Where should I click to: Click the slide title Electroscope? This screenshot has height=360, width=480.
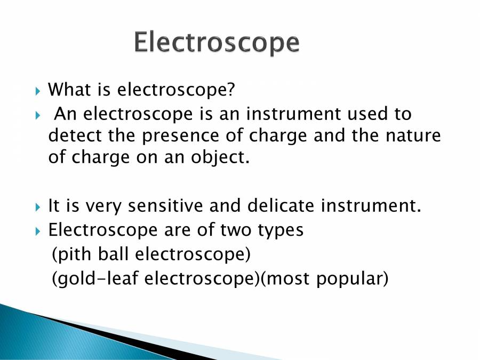[x=216, y=43]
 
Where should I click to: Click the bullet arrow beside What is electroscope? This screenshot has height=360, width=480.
[x=37, y=90]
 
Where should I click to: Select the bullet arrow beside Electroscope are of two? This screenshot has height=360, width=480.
[x=37, y=231]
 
